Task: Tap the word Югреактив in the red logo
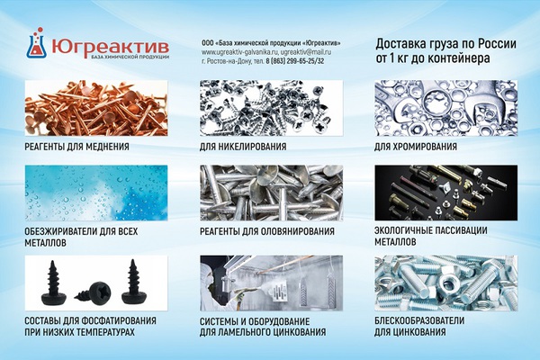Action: [x=110, y=46]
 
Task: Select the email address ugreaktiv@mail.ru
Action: [x=306, y=52]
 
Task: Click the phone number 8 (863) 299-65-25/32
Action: [x=295, y=61]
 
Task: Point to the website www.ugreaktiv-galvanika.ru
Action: [x=239, y=52]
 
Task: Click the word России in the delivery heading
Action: [x=497, y=44]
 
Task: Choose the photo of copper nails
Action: [x=96, y=108]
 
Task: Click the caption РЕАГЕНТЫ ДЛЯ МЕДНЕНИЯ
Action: [x=76, y=147]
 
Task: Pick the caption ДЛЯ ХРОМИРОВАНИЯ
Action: [x=416, y=147]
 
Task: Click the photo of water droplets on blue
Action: [x=96, y=193]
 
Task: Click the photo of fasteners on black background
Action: [x=446, y=193]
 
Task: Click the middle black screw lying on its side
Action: [x=94, y=292]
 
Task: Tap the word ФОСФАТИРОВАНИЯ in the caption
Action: [x=119, y=321]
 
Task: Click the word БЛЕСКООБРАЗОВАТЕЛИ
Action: [x=419, y=320]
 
